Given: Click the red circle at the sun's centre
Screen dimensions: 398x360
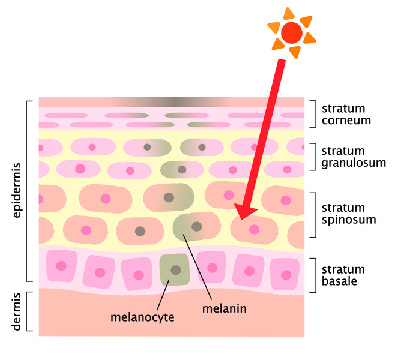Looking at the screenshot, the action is [x=292, y=33].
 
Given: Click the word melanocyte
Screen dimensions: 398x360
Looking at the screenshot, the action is [x=142, y=317].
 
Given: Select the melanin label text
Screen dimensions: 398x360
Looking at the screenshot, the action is [x=225, y=308].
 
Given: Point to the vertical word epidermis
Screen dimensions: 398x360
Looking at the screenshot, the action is [x=17, y=191].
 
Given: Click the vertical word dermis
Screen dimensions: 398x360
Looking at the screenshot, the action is [x=17, y=312].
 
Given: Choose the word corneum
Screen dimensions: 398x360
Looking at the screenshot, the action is [x=346, y=120].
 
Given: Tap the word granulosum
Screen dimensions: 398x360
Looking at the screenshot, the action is [x=354, y=163].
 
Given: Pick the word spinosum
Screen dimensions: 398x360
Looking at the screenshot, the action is [x=349, y=220].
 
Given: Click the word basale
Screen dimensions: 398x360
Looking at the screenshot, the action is [x=339, y=281].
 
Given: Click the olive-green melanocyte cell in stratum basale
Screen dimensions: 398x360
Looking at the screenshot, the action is [x=175, y=269].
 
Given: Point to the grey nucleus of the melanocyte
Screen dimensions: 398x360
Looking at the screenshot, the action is [x=176, y=270].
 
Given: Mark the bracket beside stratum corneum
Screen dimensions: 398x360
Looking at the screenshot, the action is [x=313, y=114].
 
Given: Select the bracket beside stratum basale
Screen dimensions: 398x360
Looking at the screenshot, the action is [x=313, y=275].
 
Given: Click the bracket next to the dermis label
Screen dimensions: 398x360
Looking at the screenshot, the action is [x=29, y=311].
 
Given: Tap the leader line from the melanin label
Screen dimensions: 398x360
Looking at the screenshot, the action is [x=197, y=267].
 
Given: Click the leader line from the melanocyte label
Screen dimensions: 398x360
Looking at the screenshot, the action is [x=163, y=295].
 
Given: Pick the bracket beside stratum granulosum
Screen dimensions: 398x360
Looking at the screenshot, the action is [x=313, y=157].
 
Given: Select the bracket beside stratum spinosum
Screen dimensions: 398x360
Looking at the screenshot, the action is [x=313, y=215].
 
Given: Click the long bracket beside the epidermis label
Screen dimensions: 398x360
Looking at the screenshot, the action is [x=29, y=191].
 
